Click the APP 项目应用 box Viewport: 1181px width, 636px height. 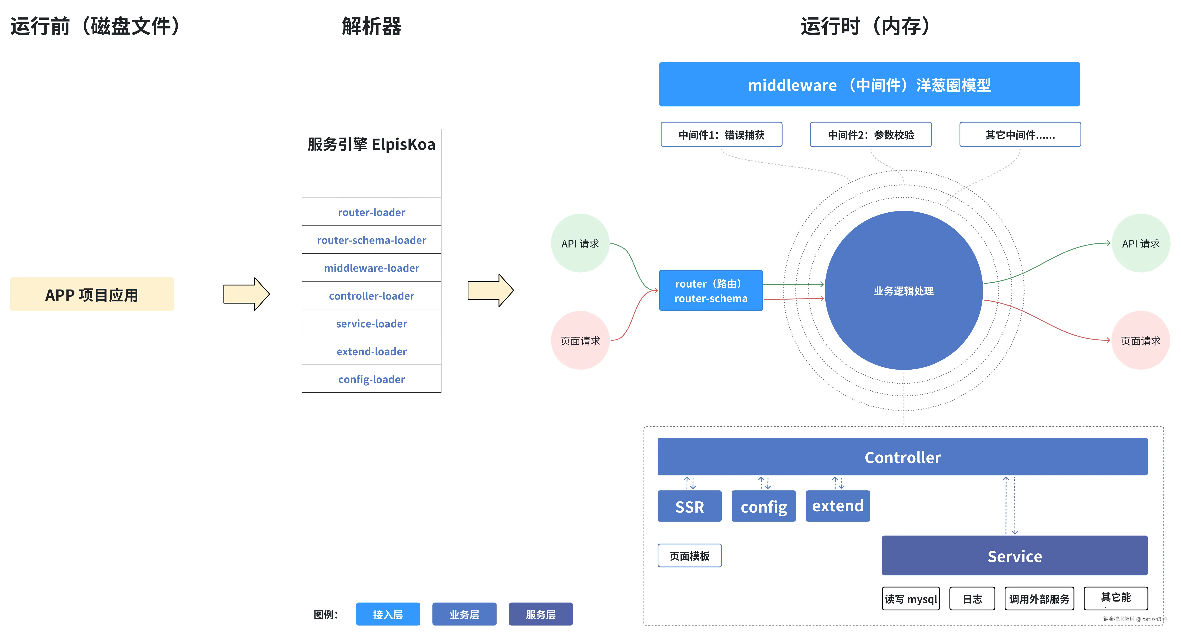[92, 294]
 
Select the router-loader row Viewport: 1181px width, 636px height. [371, 212]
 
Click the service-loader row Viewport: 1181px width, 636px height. [371, 323]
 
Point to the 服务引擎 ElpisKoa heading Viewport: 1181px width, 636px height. [371, 144]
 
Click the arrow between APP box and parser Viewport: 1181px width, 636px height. [246, 294]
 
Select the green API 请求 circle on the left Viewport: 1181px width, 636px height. [580, 243]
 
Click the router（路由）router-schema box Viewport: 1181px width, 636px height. [711, 291]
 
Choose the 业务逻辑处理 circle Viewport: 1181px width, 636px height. [903, 291]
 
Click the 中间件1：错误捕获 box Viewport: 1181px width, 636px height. [721, 135]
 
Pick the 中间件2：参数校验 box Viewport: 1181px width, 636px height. [871, 135]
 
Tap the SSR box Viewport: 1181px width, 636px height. [689, 506]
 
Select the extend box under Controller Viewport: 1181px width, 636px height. [838, 506]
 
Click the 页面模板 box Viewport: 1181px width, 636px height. [689, 556]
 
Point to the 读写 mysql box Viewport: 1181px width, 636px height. [910, 598]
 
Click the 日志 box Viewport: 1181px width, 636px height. [972, 598]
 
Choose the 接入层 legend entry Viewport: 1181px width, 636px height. [388, 614]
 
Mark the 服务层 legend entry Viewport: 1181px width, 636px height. [541, 614]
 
